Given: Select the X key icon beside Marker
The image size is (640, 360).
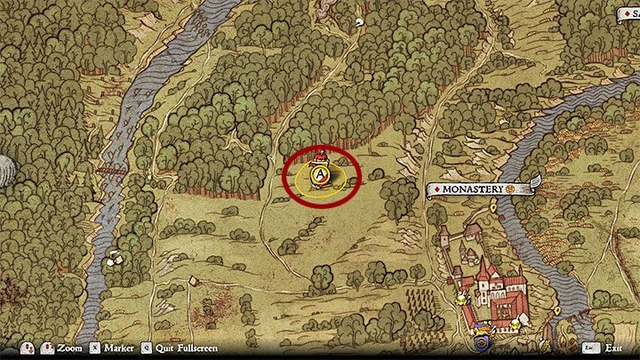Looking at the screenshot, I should tap(105, 349).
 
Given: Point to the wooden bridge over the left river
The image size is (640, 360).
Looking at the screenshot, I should tap(109, 169).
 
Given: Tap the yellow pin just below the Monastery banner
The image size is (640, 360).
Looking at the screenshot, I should tap(493, 207).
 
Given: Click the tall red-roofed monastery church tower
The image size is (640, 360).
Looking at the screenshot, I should tap(483, 269).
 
